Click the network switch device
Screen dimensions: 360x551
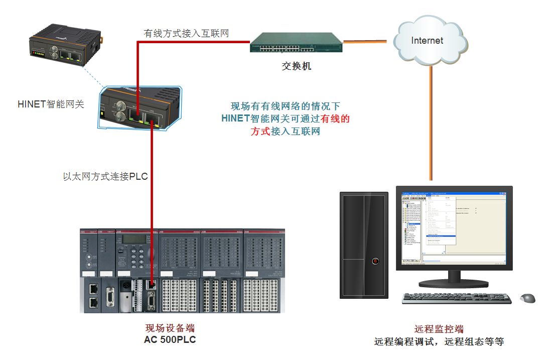[296, 43]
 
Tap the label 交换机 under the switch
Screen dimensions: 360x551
[296, 66]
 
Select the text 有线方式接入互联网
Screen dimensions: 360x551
[186, 34]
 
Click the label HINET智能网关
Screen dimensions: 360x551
[51, 104]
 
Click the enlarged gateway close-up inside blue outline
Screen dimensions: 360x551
[141, 107]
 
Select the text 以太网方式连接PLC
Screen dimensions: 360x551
[105, 176]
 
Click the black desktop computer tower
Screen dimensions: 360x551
[364, 245]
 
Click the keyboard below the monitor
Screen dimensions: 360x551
[457, 298]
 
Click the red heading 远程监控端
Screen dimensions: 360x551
[439, 329]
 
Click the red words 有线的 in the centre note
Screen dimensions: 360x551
[335, 119]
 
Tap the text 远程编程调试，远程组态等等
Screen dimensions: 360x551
[439, 342]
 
